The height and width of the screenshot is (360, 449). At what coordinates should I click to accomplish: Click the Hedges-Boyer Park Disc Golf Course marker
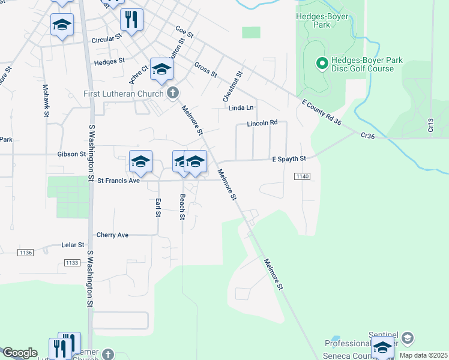[x=321, y=62]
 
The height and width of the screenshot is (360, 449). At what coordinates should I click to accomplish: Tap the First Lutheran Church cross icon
[x=173, y=93]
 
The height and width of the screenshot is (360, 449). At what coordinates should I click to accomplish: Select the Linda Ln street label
[x=241, y=107]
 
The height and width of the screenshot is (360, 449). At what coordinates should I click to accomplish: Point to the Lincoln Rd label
[x=262, y=123]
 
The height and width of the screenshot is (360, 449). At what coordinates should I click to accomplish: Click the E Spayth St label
[x=289, y=158]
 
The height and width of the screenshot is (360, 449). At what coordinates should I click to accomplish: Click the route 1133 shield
[x=71, y=263]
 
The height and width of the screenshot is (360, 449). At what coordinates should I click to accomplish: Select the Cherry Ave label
[x=112, y=235]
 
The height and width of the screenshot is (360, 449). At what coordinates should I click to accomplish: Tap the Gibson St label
[x=71, y=154]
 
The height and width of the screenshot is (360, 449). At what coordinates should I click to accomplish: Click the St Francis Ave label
[x=118, y=180]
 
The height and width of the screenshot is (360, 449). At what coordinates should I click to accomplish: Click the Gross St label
[x=205, y=70]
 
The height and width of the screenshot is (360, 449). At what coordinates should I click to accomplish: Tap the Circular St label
[x=107, y=40]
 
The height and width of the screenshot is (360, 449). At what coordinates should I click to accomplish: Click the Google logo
[x=20, y=353]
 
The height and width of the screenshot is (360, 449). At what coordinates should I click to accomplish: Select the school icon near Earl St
[x=140, y=161]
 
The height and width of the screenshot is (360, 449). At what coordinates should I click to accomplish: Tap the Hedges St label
[x=109, y=61]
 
